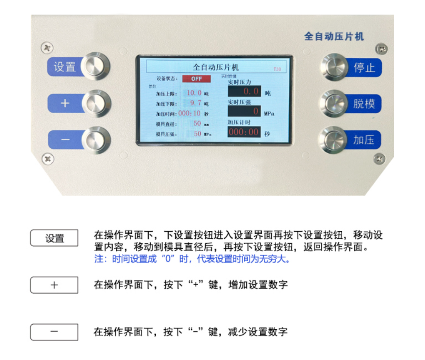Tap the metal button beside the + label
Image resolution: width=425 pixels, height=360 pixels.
pos(96,103)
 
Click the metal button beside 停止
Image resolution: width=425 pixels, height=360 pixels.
pos(334,67)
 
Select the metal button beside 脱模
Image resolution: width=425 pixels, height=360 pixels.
pos(334,103)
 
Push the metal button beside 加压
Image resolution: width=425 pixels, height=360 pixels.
pos(334,140)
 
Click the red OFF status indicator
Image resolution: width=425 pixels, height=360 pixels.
pos(197,78)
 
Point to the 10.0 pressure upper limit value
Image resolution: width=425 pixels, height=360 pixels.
pos(194,93)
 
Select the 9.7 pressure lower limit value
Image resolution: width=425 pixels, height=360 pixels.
pos(195,103)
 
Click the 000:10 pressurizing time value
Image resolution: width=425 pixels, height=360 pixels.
pos(189,113)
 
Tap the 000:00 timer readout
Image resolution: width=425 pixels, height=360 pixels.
pos(244,132)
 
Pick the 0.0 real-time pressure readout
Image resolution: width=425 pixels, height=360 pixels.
pos(244,91)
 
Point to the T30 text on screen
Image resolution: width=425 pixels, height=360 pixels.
pos(277,69)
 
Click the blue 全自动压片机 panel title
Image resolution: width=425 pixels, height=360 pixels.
pos(334,37)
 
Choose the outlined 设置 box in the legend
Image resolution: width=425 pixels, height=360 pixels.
pos(54,238)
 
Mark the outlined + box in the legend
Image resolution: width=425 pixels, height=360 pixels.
pos(54,285)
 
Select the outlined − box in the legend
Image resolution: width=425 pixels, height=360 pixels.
pos(54,332)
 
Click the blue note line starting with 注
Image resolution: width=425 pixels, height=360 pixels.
pos(192,260)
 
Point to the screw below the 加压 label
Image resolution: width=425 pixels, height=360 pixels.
pos(379,158)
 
